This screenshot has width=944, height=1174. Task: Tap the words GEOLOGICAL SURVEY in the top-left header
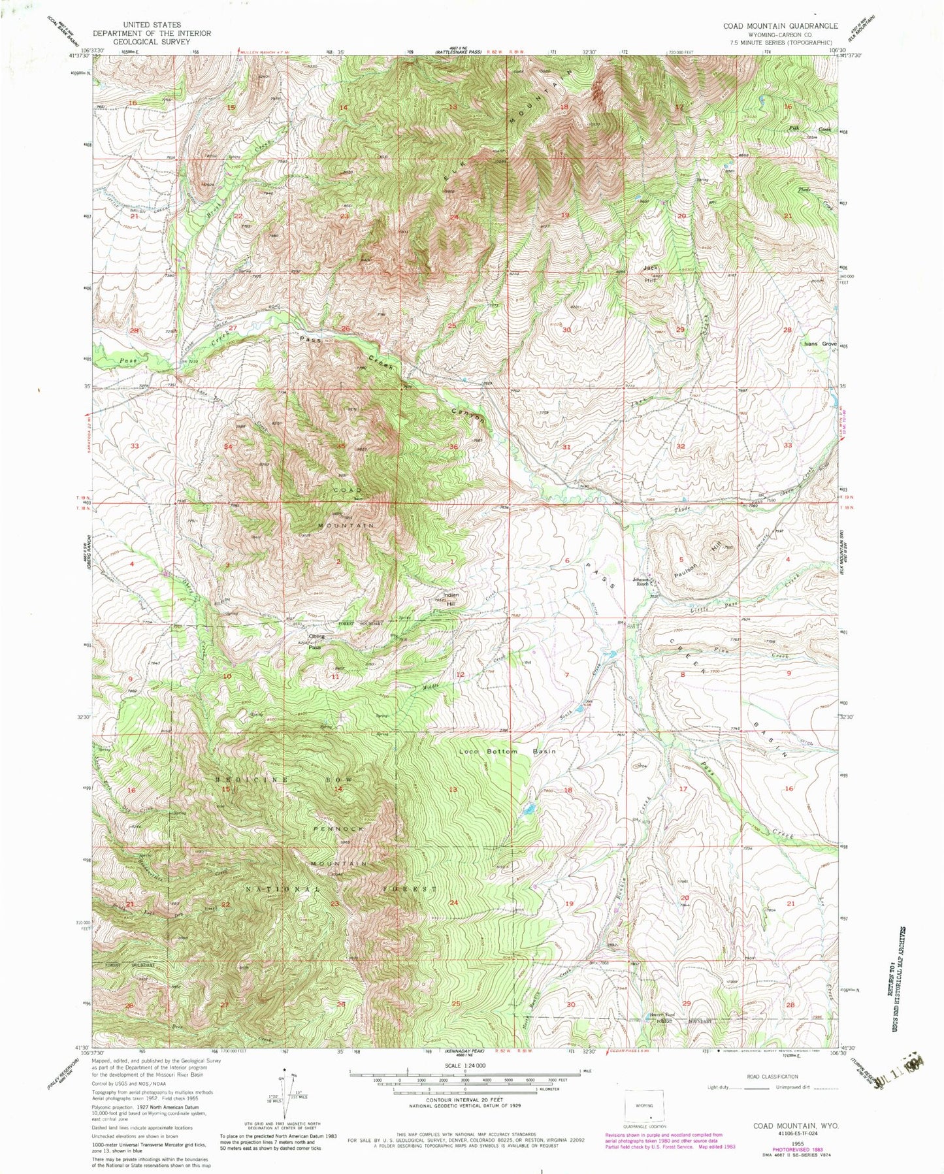click(152, 41)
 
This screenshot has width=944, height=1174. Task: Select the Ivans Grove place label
click(821, 344)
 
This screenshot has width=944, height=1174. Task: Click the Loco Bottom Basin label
click(507, 751)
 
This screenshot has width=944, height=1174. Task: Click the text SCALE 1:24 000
click(464, 1067)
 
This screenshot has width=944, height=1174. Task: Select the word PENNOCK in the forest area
click(338, 828)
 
